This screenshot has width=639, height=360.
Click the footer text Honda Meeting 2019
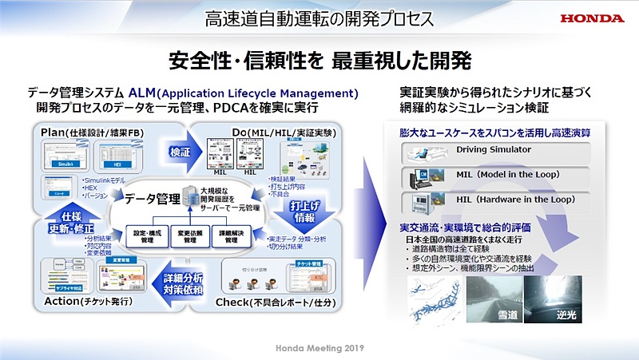pyautogui.click(x=319, y=349)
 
